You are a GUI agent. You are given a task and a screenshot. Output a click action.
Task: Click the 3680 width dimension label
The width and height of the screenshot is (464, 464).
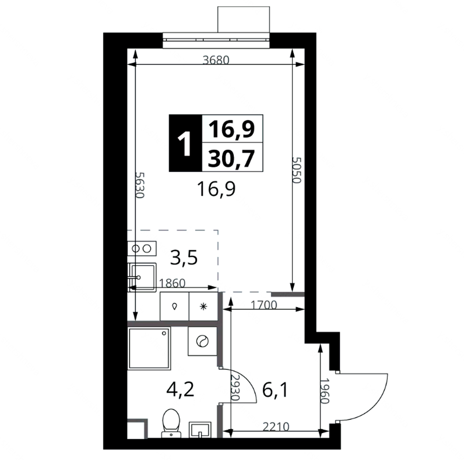pyautogui.click(x=216, y=60)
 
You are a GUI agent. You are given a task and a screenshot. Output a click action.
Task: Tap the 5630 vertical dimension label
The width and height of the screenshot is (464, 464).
pyautogui.click(x=140, y=185)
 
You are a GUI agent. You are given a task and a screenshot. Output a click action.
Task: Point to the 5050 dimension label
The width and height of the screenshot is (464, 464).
pyautogui.click(x=296, y=170)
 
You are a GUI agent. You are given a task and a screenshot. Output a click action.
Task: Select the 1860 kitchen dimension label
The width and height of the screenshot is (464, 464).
pyautogui.click(x=172, y=283)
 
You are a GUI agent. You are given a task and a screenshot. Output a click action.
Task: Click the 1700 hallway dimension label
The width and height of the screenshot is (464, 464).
pyautogui.click(x=264, y=305)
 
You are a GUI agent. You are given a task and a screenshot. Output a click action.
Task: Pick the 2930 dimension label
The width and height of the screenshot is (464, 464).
pyautogui.click(x=235, y=388)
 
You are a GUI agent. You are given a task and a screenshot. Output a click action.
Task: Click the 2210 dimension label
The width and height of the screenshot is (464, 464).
pyautogui.click(x=276, y=426)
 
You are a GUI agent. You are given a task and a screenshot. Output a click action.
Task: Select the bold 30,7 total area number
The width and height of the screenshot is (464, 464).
pyautogui.click(x=231, y=158)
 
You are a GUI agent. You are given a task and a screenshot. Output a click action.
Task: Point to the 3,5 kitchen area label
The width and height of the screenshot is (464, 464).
pyautogui.click(x=184, y=258)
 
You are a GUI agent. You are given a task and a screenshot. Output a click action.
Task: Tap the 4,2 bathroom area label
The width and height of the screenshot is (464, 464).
pyautogui.click(x=180, y=389)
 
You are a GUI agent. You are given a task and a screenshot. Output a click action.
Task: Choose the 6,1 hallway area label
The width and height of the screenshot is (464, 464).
pyautogui.click(x=275, y=390)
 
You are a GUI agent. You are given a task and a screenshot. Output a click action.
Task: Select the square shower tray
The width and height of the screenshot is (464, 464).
pyautogui.click(x=149, y=348)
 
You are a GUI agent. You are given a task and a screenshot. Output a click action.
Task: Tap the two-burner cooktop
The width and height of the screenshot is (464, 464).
pyautogui.click(x=142, y=248)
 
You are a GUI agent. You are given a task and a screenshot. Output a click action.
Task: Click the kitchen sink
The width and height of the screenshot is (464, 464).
pyautogui.click(x=142, y=277)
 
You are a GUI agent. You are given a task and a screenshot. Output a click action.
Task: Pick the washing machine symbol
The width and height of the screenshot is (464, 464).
pyautogui.click(x=202, y=341)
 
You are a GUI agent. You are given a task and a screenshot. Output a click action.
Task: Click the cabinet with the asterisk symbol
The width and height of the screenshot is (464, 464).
pyautogui.click(x=203, y=306)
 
